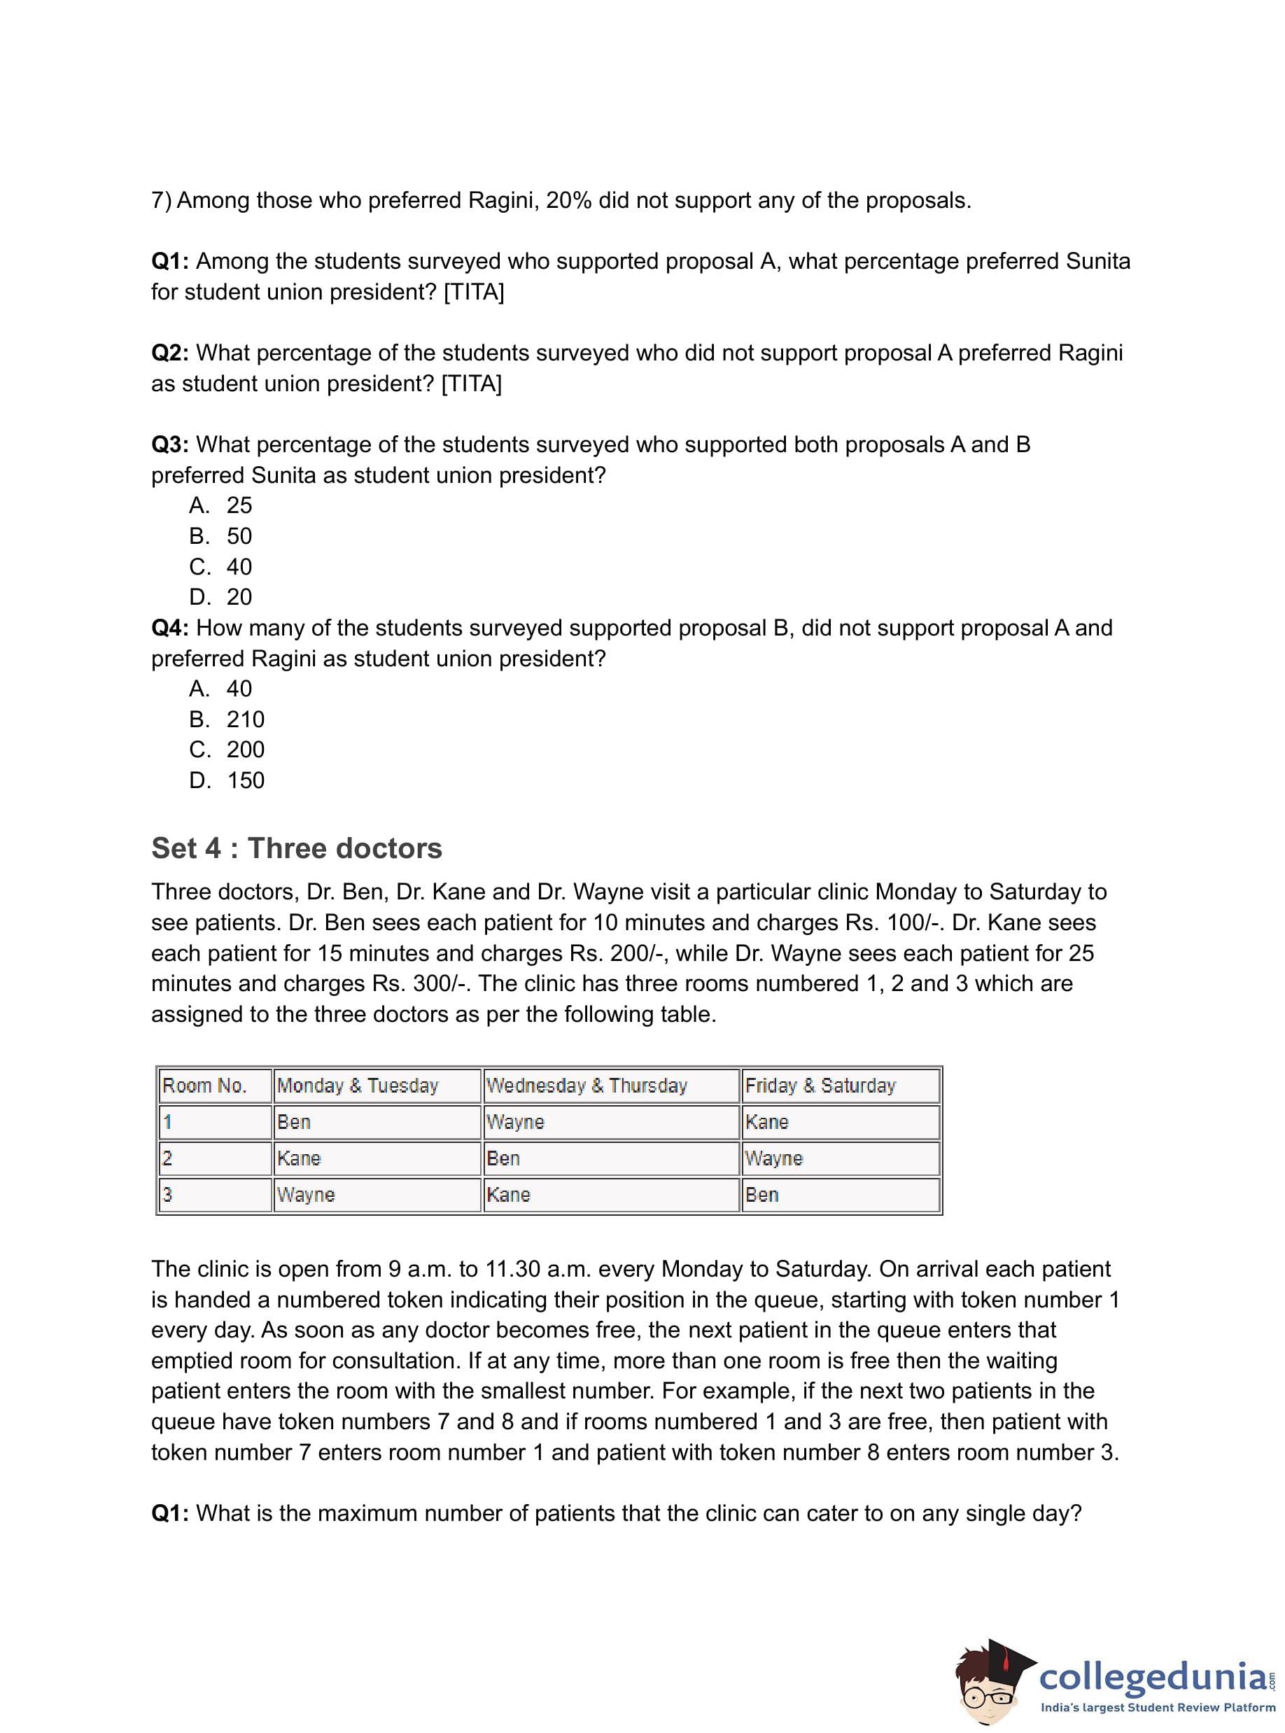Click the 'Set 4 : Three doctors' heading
[x=296, y=848]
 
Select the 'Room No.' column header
[x=204, y=1085]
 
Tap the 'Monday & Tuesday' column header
[x=358, y=1085]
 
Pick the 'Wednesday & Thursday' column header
[x=587, y=1085]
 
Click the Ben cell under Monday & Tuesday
[x=294, y=1122]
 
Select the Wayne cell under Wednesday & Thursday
[x=515, y=1122]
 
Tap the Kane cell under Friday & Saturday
[x=767, y=1122]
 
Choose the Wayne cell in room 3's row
[x=306, y=1194]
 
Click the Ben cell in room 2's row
[x=503, y=1158]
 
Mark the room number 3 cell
[x=168, y=1194]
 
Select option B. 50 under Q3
[x=221, y=536]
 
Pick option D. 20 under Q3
[x=221, y=596]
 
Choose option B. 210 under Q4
[x=227, y=719]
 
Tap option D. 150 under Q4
[x=227, y=780]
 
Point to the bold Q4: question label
[x=169, y=628]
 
